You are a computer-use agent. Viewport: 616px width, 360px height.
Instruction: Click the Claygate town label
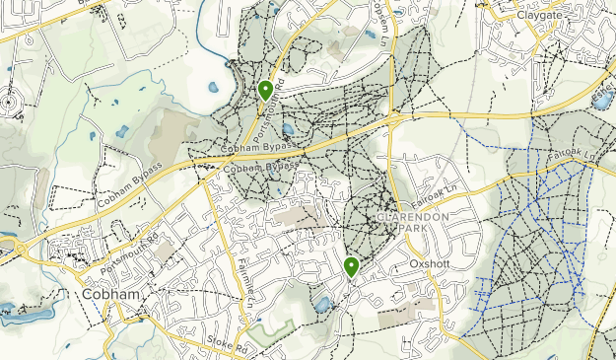click(x=544, y=16)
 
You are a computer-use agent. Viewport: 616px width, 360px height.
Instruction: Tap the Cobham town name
click(x=108, y=295)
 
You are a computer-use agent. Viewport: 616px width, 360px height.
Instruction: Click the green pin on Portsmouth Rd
click(x=265, y=92)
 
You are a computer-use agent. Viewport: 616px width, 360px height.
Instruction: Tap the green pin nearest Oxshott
click(x=351, y=266)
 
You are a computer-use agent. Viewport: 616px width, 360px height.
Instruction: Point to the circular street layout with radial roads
click(x=11, y=102)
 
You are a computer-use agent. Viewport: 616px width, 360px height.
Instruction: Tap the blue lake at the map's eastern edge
click(x=601, y=100)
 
